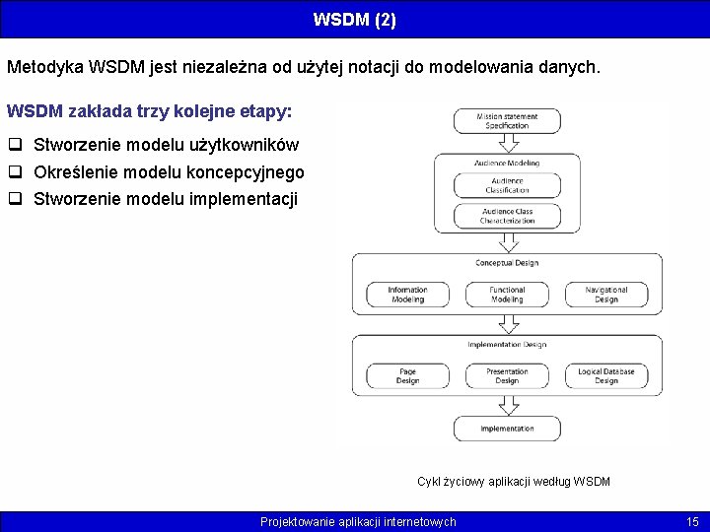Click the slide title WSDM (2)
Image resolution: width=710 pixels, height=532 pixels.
pos(355,19)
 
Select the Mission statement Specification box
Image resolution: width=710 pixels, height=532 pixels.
pos(507,121)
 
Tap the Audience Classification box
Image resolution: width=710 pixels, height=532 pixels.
pos(507,185)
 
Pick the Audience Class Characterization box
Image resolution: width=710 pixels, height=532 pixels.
pos(507,216)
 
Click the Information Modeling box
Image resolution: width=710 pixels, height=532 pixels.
pos(407,295)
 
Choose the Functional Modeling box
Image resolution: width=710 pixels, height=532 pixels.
pos(507,295)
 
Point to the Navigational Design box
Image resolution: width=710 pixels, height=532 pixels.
pos(606,295)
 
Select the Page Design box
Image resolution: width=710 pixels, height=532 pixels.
pos(407,376)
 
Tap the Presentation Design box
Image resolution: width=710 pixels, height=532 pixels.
pos(507,376)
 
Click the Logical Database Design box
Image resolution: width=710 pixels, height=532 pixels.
pos(606,376)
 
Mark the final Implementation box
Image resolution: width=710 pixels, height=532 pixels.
pos(507,429)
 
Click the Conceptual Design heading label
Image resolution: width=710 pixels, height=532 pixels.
pos(507,263)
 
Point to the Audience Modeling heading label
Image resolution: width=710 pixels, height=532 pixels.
pos(507,163)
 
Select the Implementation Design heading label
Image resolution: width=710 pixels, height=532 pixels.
pos(507,345)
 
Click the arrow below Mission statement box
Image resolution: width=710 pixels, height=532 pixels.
pos(507,143)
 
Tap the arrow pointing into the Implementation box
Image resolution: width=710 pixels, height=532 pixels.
pos(507,405)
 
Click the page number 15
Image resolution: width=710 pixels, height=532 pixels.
pos(692,521)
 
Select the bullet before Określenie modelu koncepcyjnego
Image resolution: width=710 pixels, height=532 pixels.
pos(16,172)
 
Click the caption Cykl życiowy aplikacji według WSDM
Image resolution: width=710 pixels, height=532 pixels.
pos(513,482)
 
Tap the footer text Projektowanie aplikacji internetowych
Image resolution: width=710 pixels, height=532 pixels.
pos(358,521)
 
